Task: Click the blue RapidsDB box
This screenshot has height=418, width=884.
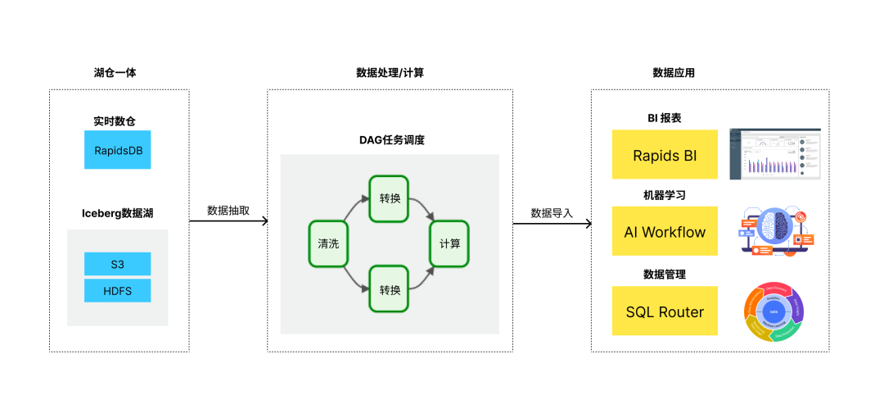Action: tap(117, 151)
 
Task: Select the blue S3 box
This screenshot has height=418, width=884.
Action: tap(117, 264)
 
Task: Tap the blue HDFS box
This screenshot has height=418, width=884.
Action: tap(117, 291)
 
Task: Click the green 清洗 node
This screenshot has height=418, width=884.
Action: tap(328, 243)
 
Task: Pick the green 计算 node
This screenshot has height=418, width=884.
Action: tap(449, 243)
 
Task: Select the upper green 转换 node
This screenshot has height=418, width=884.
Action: tap(390, 198)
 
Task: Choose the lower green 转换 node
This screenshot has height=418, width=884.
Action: tap(390, 289)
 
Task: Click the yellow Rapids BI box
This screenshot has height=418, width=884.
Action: tap(665, 155)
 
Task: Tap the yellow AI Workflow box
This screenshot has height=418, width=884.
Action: tap(665, 231)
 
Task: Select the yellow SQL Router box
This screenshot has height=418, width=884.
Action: tap(665, 311)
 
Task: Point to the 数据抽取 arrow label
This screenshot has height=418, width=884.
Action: tap(228, 210)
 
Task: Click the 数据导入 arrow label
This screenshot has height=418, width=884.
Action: tap(552, 212)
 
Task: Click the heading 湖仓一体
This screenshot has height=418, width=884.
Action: tap(115, 73)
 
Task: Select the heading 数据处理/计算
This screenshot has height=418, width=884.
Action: tap(390, 73)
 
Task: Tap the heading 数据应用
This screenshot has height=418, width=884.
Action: tap(674, 73)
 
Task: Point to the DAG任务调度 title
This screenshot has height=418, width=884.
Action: tap(390, 140)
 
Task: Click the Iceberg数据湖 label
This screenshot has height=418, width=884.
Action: tap(117, 213)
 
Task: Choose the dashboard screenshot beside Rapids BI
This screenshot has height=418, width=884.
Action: tap(774, 153)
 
